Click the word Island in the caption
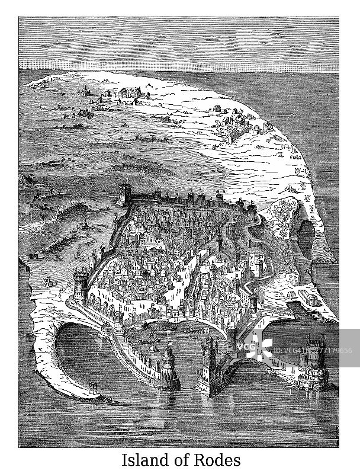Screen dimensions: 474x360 (x=141, y=460)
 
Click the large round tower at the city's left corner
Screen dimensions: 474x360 (x=80, y=284)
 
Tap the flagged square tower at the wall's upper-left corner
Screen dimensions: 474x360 (x=125, y=193)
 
